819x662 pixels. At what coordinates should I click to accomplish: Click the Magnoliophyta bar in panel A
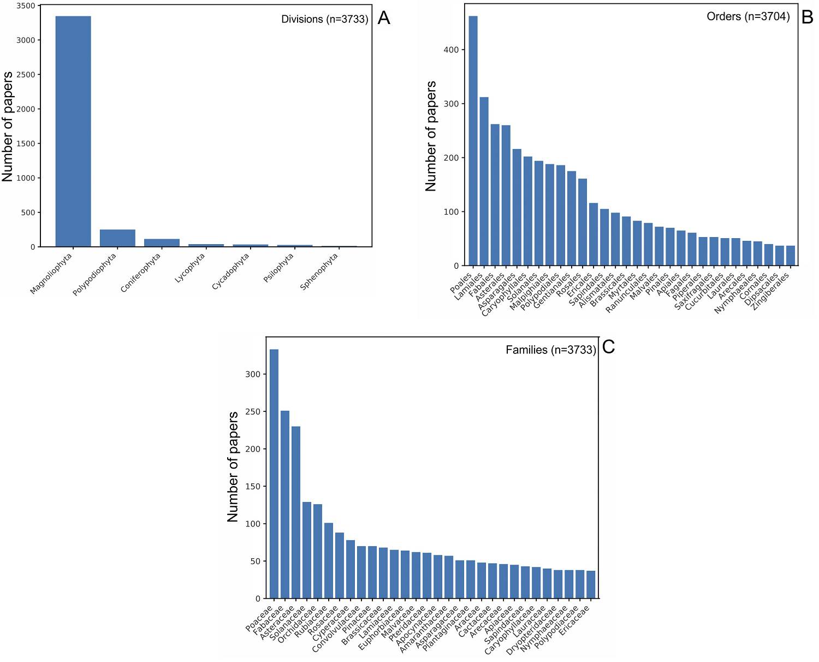tap(73, 131)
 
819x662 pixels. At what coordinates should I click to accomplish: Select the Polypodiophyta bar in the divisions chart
tap(117, 238)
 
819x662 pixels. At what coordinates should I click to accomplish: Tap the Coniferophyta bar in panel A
tap(162, 243)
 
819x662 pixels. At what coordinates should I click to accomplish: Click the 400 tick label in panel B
tap(451, 50)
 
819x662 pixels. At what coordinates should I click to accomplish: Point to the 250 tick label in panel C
tap(253, 412)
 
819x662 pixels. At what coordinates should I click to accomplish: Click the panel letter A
tap(384, 18)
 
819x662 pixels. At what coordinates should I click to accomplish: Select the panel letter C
tap(608, 347)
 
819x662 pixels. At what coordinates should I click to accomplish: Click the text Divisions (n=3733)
tap(324, 19)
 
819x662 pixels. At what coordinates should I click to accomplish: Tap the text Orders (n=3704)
tap(748, 16)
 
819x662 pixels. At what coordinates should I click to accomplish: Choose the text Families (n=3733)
tap(550, 350)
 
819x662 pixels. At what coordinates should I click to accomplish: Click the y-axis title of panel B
tap(431, 136)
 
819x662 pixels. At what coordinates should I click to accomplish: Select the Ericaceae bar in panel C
tap(591, 584)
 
